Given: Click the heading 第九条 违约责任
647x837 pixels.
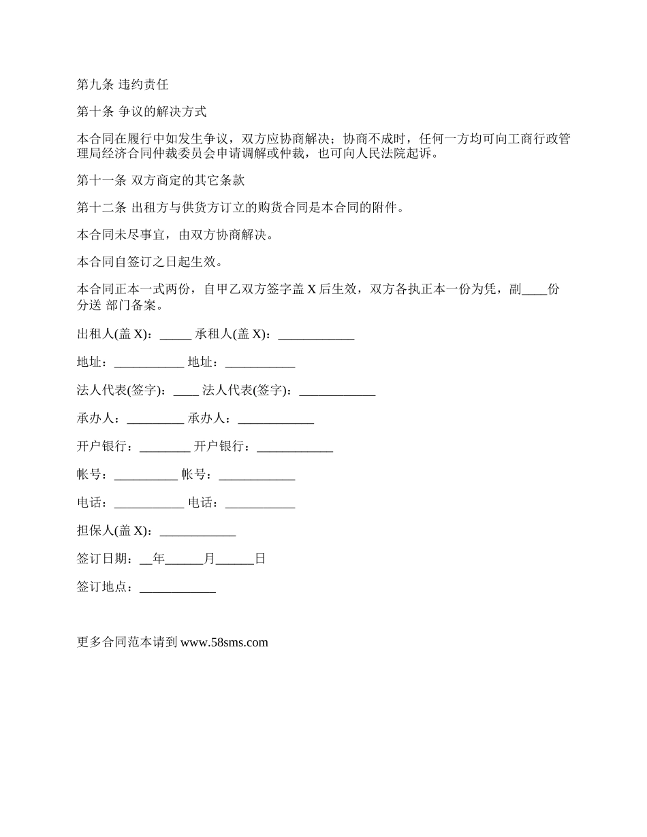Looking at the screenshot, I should coord(123,85).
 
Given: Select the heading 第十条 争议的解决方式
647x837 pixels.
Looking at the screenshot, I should coord(142,112).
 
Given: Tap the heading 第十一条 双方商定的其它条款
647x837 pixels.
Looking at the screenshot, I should coord(161,181).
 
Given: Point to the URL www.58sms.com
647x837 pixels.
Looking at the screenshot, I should coord(224,642).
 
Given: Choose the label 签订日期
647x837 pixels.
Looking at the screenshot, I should coord(101,559).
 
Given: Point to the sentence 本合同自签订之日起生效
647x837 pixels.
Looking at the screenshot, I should coord(149,262).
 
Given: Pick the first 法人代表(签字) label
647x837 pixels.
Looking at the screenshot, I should coord(121,391).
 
